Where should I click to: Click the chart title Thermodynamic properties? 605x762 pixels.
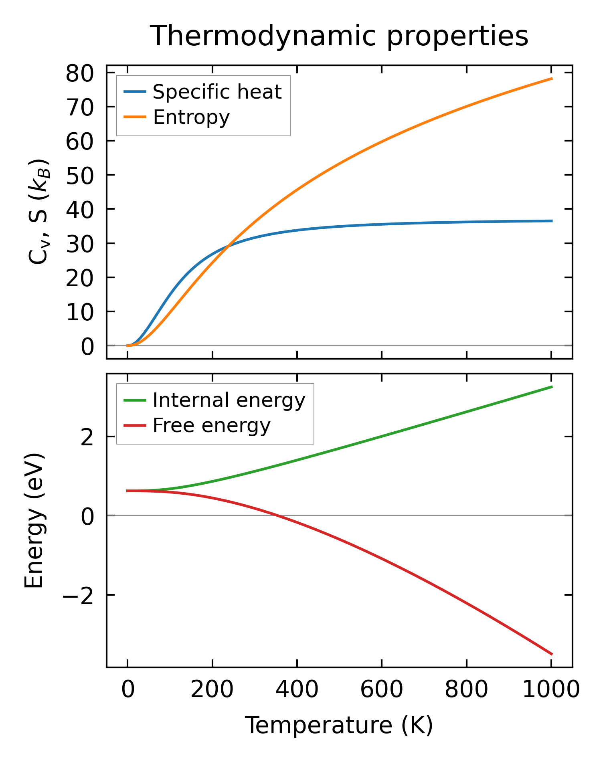(339, 36)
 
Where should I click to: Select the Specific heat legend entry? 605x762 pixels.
(217, 92)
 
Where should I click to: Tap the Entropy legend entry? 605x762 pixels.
(191, 117)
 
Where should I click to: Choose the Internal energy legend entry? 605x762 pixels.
(229, 400)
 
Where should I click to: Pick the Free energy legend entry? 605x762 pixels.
(211, 425)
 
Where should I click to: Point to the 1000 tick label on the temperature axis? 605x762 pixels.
(551, 690)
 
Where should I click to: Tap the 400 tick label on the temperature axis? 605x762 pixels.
(297, 690)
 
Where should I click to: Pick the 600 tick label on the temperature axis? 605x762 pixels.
(382, 690)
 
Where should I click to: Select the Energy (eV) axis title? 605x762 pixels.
(34, 520)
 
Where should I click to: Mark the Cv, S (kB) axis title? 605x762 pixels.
(38, 212)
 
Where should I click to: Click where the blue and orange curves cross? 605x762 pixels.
(228, 246)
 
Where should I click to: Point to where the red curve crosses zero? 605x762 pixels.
(276, 515)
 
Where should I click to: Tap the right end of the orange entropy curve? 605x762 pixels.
(552, 79)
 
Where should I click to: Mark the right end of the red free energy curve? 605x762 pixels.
(552, 655)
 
